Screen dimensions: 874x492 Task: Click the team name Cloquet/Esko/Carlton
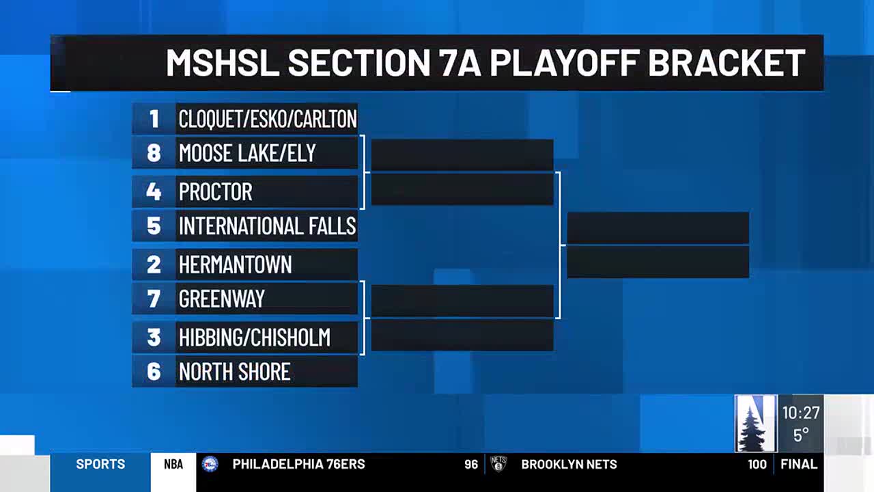(x=268, y=119)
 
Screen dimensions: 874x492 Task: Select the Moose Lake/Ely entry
(x=247, y=152)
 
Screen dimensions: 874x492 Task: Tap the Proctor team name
(x=215, y=191)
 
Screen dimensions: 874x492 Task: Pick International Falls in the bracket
(x=267, y=225)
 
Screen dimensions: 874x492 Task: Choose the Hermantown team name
(x=236, y=264)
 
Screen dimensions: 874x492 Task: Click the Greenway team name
(x=222, y=299)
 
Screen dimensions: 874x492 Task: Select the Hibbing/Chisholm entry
(x=255, y=337)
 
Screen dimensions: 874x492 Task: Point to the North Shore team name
(x=234, y=371)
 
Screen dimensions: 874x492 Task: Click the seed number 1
(x=154, y=119)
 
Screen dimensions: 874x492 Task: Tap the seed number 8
(x=154, y=152)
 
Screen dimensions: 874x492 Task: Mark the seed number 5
(x=154, y=225)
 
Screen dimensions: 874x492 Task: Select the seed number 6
(x=154, y=371)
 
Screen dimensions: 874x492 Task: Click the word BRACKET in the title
(x=727, y=63)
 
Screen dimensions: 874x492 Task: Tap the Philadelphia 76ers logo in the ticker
(x=210, y=464)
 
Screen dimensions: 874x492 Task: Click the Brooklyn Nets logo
(x=498, y=464)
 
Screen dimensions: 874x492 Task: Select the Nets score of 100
(x=757, y=464)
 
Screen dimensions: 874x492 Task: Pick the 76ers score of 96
(x=471, y=464)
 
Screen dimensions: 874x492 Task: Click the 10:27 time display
(x=801, y=413)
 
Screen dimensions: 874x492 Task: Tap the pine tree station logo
(x=756, y=423)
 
